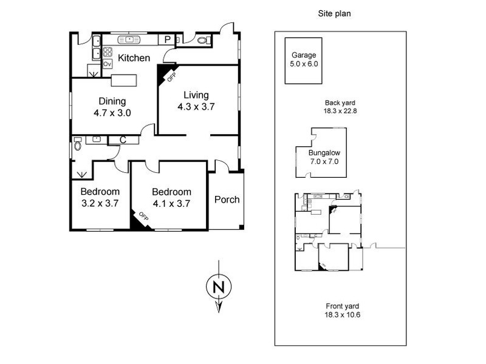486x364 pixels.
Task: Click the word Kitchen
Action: pos(134,58)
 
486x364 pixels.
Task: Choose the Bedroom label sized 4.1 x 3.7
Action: pos(171,197)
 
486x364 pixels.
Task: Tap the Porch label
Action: pos(227,200)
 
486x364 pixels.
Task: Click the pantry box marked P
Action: pos(168,40)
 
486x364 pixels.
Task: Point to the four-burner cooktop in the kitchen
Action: pos(108,52)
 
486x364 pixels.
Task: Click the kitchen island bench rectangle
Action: pos(123,80)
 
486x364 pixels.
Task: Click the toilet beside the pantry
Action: pos(202,41)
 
